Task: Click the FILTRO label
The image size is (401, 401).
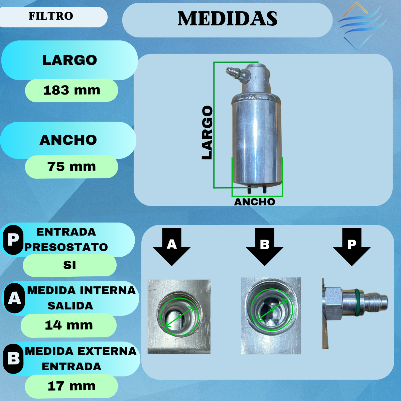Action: coord(51,16)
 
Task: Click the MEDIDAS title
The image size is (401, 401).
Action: coord(228,19)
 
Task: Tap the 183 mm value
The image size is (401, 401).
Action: coord(72,90)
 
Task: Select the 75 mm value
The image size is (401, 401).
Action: coord(72,166)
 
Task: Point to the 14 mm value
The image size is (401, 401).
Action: coord(69,325)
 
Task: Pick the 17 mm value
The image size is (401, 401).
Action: coord(72,386)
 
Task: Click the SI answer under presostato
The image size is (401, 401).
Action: coord(70,265)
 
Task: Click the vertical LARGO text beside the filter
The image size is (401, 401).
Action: coord(207,133)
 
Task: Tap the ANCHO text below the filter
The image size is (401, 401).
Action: coord(255,202)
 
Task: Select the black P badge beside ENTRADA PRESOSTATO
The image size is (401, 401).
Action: coord(13,240)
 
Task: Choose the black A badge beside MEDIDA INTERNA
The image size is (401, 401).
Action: coord(14,298)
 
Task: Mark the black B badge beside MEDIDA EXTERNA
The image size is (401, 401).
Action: coord(13,359)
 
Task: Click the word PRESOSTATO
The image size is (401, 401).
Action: coord(66,247)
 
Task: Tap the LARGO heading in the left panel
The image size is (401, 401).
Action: coord(70,60)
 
